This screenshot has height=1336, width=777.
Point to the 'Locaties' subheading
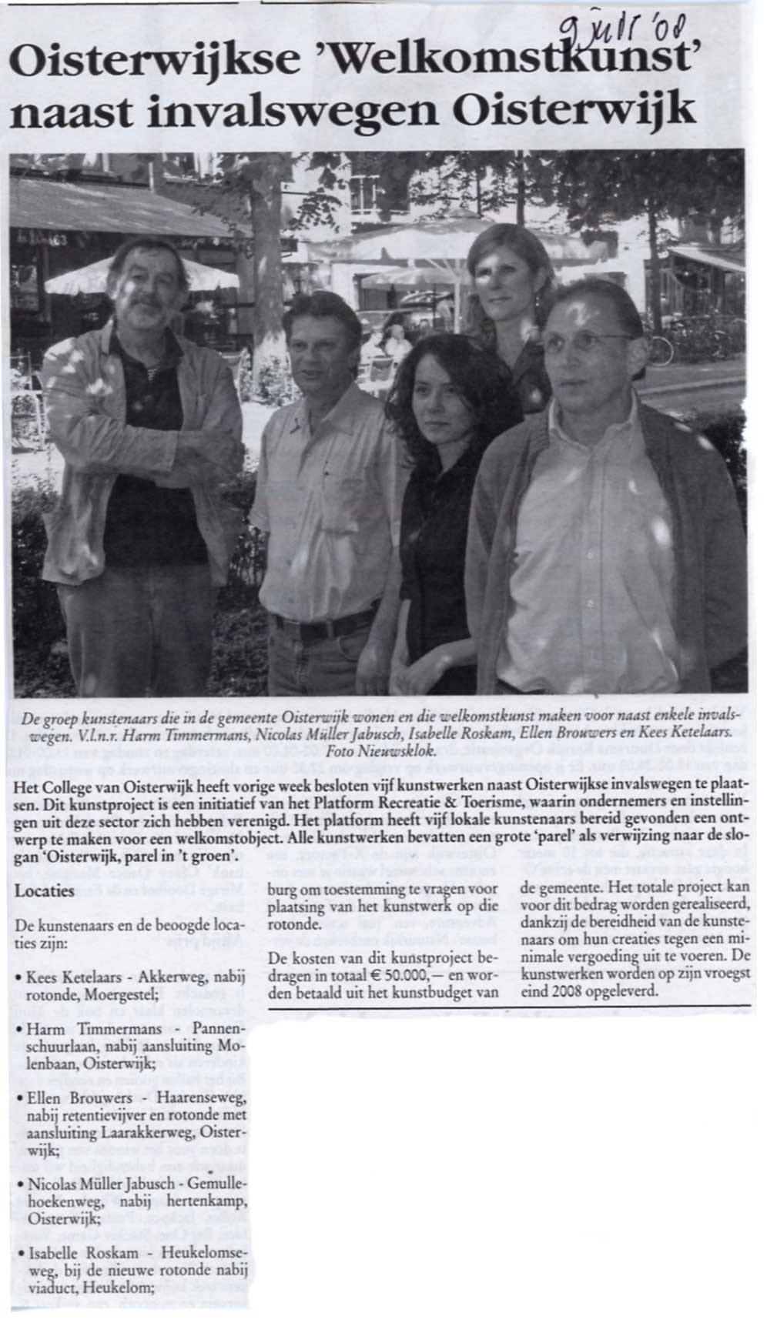tap(45, 891)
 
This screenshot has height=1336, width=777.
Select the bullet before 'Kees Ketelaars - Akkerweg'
tap(18, 979)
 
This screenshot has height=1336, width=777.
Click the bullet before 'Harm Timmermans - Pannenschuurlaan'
tap(18, 1030)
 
